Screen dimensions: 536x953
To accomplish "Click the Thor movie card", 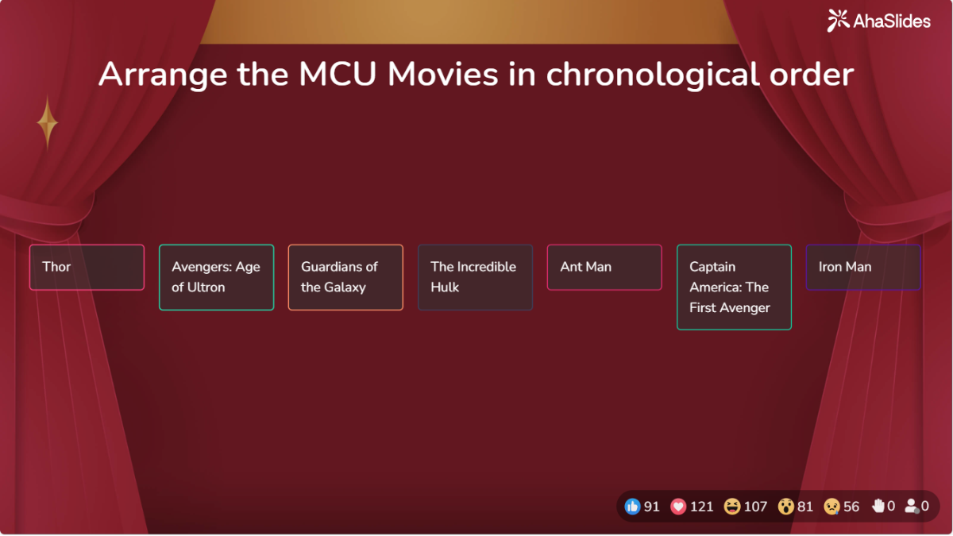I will (x=87, y=267).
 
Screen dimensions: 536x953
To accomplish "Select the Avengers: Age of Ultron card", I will (x=216, y=277).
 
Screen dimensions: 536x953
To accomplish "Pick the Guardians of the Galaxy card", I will (x=345, y=277).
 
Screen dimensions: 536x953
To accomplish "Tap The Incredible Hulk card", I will (x=475, y=277).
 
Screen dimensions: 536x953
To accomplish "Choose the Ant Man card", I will (x=604, y=267).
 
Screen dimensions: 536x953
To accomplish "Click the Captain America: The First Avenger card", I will (x=734, y=287).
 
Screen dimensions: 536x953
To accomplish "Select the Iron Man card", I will (x=863, y=267).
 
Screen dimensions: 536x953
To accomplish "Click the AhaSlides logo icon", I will (x=838, y=21).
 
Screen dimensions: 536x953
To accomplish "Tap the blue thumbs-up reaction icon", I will (x=632, y=506).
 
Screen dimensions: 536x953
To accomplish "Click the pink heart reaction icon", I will (x=678, y=506).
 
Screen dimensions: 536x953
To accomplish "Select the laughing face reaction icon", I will (x=732, y=506).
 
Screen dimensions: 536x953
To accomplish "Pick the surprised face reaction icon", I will (x=786, y=506).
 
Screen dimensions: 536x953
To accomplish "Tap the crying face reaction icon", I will (x=831, y=506).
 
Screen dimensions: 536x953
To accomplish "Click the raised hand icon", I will (x=878, y=506).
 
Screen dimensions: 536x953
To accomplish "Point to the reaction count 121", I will (x=701, y=507).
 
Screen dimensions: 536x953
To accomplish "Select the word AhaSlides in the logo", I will (x=891, y=21).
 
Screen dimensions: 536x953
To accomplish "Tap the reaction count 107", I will (x=755, y=507).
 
